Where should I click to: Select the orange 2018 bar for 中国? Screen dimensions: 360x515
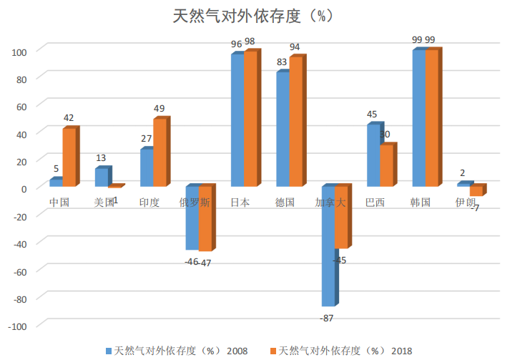[x=68, y=157]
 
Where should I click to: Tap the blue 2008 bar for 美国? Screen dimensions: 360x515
[x=101, y=177]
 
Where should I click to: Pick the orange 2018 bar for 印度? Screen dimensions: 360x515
[x=159, y=152]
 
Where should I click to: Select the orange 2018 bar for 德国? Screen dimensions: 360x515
[x=295, y=122]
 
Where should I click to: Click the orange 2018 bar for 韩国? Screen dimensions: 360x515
[x=431, y=119]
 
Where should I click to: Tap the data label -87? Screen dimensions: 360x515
[x=327, y=318]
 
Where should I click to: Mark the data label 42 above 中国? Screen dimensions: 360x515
[x=69, y=118]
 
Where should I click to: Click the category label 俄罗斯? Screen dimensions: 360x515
[x=195, y=203]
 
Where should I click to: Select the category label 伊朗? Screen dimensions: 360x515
[x=465, y=203]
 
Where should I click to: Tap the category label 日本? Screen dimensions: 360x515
[x=240, y=203]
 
